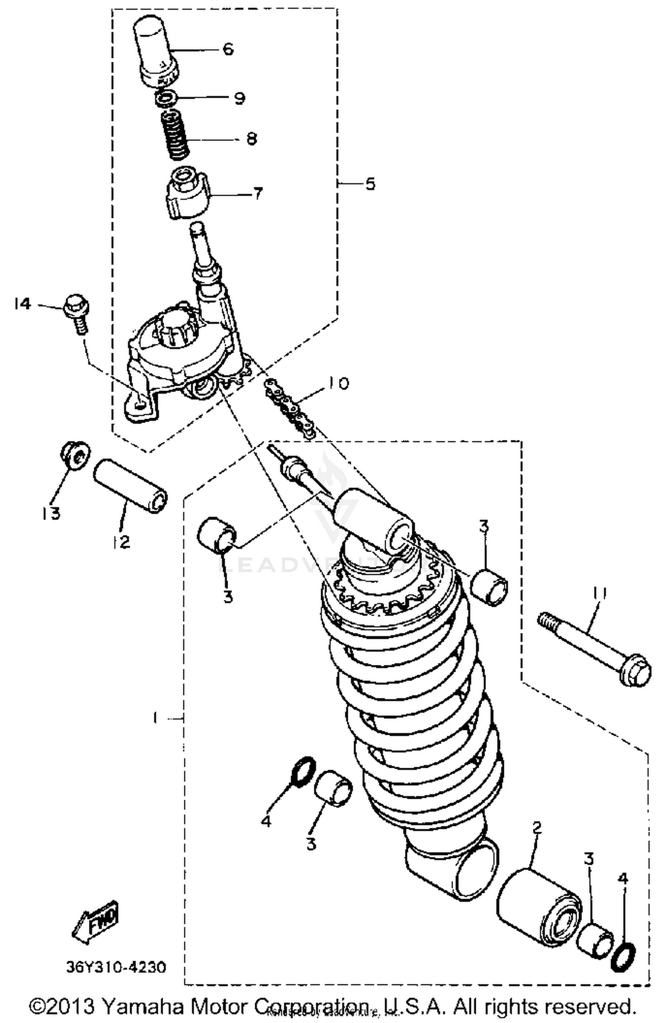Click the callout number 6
tap(228, 48)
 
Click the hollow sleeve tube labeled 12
tap(130, 486)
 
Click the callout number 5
tap(370, 183)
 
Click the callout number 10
tap(338, 383)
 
